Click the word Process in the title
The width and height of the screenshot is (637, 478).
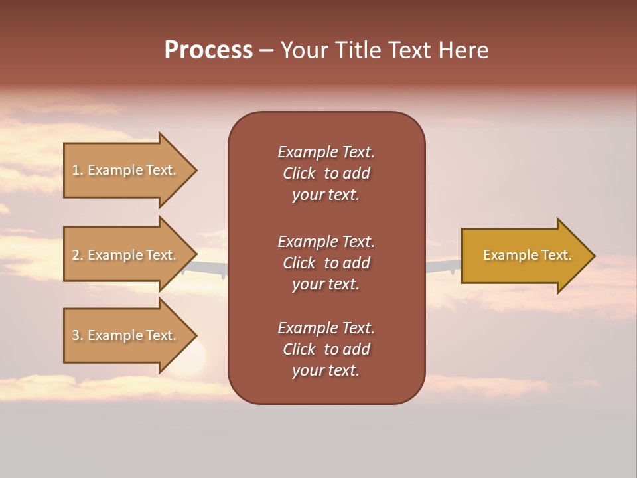208,50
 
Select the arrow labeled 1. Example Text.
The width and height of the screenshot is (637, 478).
126,170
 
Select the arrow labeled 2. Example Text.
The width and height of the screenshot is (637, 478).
126,255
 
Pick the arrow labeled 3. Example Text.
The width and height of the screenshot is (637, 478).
126,335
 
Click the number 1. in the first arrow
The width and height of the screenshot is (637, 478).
78,170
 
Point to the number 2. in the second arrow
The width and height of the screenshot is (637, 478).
78,255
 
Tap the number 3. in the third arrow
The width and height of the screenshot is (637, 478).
78,335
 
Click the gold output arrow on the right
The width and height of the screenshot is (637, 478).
524,256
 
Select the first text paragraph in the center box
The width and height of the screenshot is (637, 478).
326,173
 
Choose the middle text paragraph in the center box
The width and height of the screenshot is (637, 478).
326,263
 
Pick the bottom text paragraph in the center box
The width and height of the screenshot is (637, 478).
326,349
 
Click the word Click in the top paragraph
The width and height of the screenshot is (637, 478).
299,173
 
